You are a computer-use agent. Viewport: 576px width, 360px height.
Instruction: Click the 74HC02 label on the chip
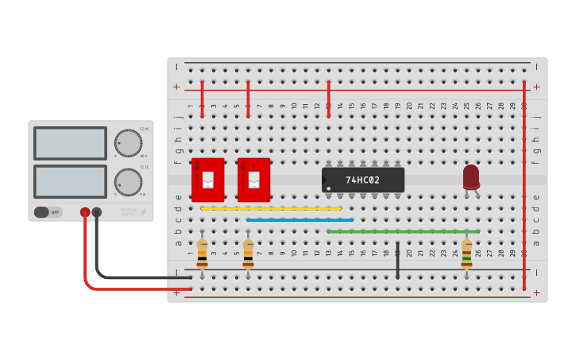click(362, 180)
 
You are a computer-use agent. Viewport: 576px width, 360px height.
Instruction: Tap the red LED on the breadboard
click(471, 177)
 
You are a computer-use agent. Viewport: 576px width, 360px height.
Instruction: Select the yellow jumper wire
click(271, 208)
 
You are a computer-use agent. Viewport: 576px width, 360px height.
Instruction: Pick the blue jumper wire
click(300, 220)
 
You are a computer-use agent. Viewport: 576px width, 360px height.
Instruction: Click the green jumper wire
click(403, 231)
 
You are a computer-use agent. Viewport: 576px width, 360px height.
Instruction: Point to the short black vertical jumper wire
click(397, 260)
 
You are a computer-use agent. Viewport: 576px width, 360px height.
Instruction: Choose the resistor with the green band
click(466, 254)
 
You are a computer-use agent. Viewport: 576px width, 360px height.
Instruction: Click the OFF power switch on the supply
click(48, 212)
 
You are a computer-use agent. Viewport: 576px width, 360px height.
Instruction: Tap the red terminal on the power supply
click(85, 212)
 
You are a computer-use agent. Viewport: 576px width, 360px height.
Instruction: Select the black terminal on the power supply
click(97, 212)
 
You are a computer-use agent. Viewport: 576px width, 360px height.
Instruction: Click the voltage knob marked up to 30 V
click(128, 143)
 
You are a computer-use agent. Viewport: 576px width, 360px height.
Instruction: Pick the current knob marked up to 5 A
click(128, 182)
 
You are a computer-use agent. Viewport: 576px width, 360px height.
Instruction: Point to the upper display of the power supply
click(70, 144)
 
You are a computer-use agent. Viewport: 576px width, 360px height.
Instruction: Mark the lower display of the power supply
click(70, 181)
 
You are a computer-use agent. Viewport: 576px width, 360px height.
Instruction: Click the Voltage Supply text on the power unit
click(129, 211)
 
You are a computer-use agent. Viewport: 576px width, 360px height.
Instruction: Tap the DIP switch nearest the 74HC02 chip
click(253, 180)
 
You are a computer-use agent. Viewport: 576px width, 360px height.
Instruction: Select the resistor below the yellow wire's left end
click(202, 254)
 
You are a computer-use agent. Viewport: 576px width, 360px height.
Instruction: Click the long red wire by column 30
click(524, 183)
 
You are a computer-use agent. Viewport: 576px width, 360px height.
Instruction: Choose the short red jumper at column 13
click(328, 99)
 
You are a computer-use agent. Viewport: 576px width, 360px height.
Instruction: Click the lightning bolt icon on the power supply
click(144, 212)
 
